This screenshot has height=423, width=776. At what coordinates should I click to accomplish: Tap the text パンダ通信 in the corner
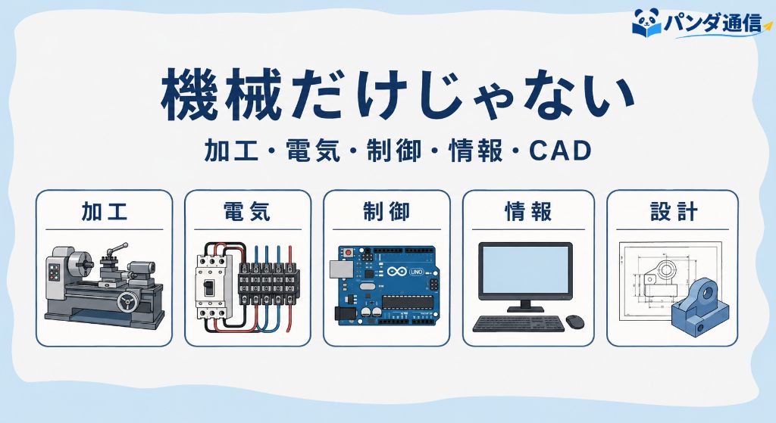(713, 22)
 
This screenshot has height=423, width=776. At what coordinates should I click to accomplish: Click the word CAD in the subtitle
(560, 151)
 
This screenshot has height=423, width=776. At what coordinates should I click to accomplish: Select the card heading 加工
(105, 212)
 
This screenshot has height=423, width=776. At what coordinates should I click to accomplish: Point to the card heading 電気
(247, 212)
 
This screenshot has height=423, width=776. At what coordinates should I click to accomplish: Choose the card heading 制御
(386, 212)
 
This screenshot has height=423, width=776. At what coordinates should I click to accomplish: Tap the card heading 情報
(528, 212)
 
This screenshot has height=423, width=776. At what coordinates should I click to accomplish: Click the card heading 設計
(674, 212)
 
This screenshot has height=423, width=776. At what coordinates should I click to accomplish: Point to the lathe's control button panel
(54, 272)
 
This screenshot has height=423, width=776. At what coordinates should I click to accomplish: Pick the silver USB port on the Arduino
(340, 269)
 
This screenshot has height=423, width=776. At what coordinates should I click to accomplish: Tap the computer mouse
(574, 322)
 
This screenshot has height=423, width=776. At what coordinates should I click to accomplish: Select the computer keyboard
(518, 324)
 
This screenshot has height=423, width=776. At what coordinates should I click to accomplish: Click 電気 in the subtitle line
(313, 151)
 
